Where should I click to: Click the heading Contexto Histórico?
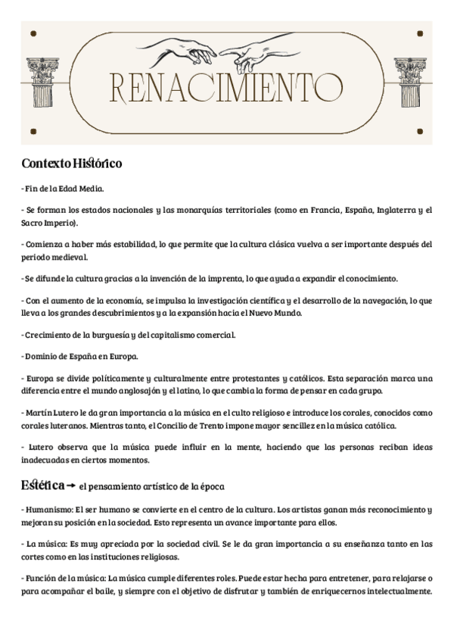tap(72, 163)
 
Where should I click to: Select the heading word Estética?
tap(42, 485)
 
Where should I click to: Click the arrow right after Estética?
tap(71, 485)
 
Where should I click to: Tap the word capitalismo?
tap(180, 334)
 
